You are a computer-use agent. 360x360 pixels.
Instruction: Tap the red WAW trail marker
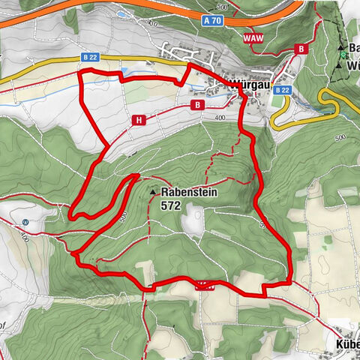coord(252,35)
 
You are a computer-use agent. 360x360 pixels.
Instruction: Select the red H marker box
coord(139,119)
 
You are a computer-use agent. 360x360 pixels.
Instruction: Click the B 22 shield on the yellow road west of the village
coord(90,57)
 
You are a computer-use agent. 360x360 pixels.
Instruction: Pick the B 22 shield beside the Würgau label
coord(282,90)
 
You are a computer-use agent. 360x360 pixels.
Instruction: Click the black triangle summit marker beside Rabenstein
coord(154,192)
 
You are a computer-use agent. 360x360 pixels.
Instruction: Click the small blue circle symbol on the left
coord(26,222)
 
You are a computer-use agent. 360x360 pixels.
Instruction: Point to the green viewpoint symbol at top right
coord(342,54)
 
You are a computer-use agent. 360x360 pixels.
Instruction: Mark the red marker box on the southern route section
coord(204,284)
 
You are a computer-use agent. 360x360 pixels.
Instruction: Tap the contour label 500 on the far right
coord(343,139)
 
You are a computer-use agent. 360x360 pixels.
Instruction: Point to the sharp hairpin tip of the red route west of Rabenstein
coord(70,217)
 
